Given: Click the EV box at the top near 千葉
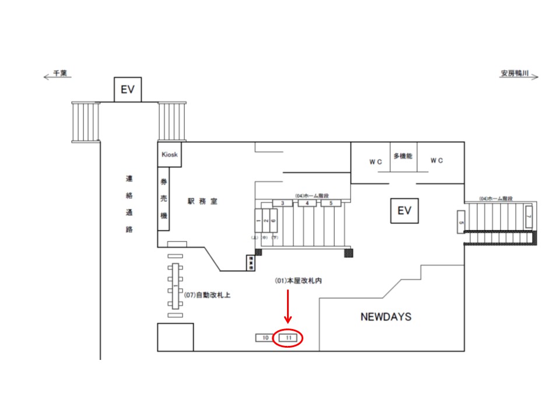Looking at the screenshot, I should [x=128, y=90].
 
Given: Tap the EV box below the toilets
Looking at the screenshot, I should [x=405, y=210].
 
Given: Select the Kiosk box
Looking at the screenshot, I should [x=170, y=155].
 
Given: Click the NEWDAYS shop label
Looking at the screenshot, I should [x=386, y=317].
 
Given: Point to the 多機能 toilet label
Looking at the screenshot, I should [x=403, y=156].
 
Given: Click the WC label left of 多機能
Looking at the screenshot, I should [x=374, y=162].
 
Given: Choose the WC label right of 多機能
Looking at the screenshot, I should [x=436, y=160].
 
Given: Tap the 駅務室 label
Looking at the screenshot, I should [x=202, y=201].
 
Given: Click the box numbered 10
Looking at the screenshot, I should [x=264, y=338].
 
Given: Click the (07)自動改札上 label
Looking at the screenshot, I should [x=207, y=295].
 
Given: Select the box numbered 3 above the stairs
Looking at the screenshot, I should [x=282, y=203].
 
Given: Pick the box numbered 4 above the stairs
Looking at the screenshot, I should [x=307, y=203].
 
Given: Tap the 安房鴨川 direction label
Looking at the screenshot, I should [x=514, y=74].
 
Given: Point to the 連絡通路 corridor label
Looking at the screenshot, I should [x=129, y=204].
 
